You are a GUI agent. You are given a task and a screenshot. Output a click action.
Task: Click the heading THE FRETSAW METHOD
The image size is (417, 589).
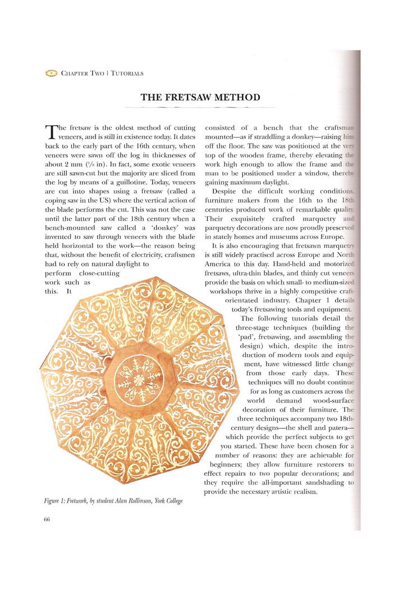pyautogui.click(x=200, y=97)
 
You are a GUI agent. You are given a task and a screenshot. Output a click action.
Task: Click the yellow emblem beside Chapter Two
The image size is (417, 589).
pyautogui.click(x=51, y=73)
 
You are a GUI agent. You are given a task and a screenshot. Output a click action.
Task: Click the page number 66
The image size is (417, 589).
pyautogui.click(x=47, y=519)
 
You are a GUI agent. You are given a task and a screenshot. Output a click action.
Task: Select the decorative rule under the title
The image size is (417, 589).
pyautogui.click(x=200, y=107)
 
